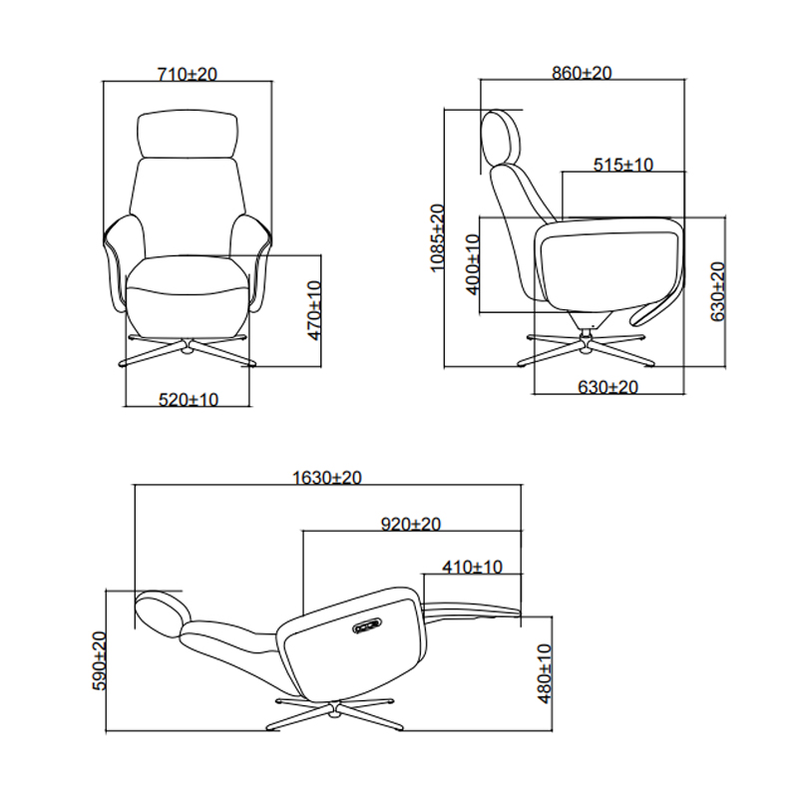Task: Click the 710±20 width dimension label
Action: click(x=188, y=74)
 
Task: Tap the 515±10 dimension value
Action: click(x=622, y=165)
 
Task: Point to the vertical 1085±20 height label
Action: click(x=436, y=238)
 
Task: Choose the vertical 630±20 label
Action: click(x=716, y=290)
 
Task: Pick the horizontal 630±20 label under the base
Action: click(x=608, y=387)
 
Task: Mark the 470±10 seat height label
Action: click(x=315, y=311)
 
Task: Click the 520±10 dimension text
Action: click(x=189, y=399)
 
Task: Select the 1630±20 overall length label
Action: click(x=326, y=478)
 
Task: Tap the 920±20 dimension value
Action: click(x=411, y=524)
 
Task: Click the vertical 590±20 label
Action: click(x=99, y=660)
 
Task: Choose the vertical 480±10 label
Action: click(x=544, y=673)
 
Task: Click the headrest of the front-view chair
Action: click(x=190, y=135)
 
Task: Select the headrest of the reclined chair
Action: click(x=161, y=609)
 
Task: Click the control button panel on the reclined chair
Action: click(x=367, y=625)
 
